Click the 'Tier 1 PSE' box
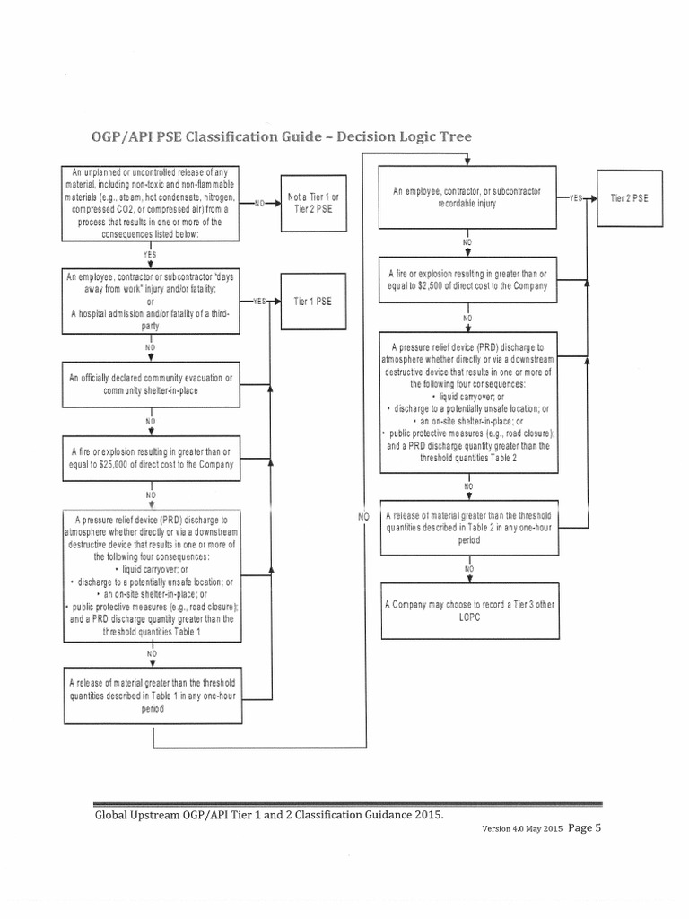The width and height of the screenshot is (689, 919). coord(312,302)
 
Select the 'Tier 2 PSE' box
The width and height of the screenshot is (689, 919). coord(629,197)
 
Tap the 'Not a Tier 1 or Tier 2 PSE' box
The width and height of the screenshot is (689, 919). coord(312,202)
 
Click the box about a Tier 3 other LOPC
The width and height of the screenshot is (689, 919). coord(469,611)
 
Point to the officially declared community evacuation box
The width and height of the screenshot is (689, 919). coord(151,383)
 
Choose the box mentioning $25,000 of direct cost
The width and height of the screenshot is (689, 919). coord(151,458)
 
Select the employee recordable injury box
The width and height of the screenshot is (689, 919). coord(469,198)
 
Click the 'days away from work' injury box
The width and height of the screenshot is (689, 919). coord(151,301)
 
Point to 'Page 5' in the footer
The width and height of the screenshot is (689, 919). coord(584,828)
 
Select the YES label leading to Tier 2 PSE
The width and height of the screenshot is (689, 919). coord(575,197)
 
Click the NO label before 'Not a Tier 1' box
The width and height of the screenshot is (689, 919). coord(259,203)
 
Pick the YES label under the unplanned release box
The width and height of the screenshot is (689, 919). coord(151,254)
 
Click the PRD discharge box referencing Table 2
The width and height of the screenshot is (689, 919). coord(469,402)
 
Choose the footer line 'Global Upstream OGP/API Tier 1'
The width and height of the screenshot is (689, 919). coord(269,814)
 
